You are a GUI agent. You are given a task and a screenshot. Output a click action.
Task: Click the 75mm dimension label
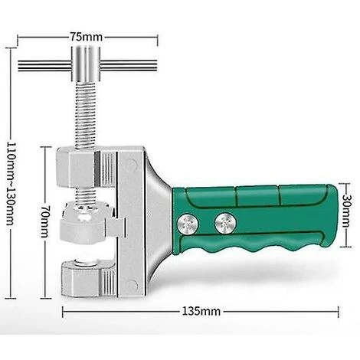point(87,37)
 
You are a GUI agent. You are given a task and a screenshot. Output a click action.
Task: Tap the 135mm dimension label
point(201,311)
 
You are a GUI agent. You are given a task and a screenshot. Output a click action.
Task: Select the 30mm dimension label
point(345,211)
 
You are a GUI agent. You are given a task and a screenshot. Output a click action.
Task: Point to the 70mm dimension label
point(45,221)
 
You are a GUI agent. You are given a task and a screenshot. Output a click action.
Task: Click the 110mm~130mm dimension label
point(10,184)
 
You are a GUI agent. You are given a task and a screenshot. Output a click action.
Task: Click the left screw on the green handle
point(188,224)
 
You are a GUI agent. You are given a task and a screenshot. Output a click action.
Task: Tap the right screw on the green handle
point(225,224)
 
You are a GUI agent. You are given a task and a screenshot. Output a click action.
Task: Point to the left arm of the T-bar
point(45,66)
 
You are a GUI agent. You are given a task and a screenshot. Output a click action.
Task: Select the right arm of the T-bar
point(129,66)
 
